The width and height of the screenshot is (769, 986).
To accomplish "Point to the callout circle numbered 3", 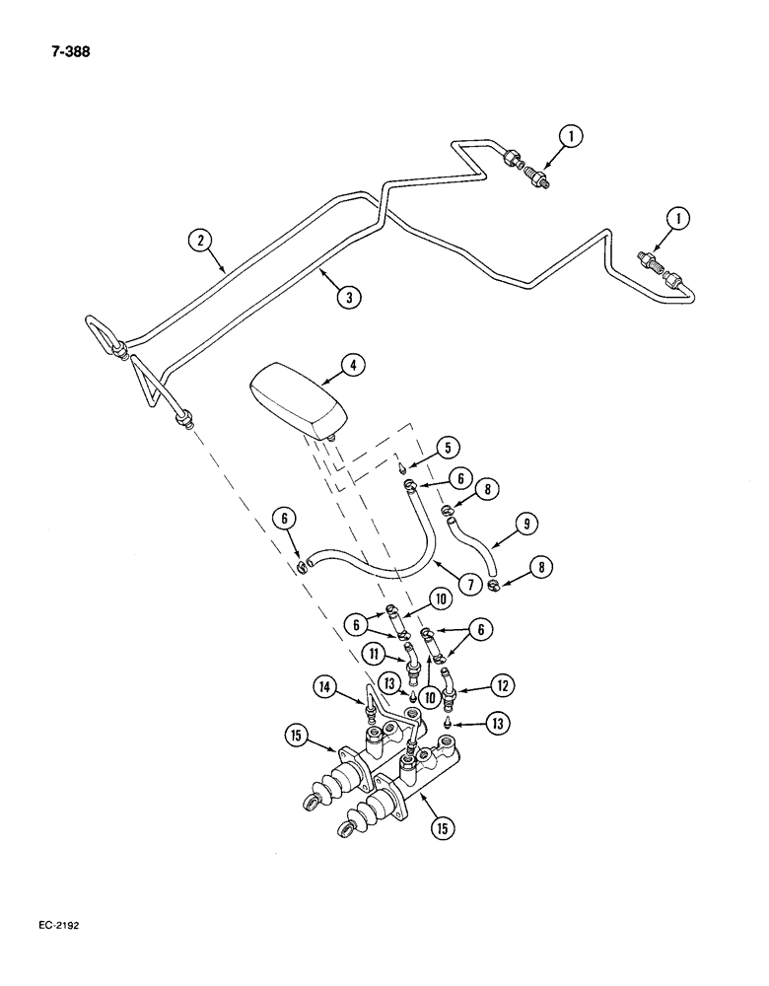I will click(x=343, y=295).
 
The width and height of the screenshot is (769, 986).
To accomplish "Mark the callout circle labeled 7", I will click(x=467, y=585).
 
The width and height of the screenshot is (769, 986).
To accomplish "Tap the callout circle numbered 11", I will click(x=372, y=654).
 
